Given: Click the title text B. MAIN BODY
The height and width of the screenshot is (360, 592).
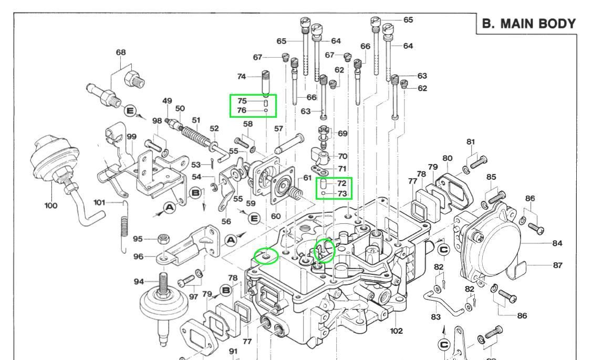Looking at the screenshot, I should coord(529,24).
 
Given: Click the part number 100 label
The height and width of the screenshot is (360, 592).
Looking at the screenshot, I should coord(50,205).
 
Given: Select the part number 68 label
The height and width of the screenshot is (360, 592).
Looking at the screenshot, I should coord(121,52).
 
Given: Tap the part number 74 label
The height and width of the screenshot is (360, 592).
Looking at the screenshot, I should coord(241,76).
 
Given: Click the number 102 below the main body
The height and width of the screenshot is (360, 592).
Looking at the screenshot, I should coord(396,331).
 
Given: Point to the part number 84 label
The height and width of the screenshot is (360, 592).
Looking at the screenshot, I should coord(557,243).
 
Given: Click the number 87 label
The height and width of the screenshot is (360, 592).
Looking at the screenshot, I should coord(557,265).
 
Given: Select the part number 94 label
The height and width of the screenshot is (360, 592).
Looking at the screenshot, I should coord(139,282).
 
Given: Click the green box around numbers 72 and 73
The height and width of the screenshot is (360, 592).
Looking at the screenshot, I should coord(334,189).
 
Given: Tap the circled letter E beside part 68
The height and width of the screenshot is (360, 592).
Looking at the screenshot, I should coord(130,110).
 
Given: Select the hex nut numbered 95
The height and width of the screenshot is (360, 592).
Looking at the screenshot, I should coord(163,239).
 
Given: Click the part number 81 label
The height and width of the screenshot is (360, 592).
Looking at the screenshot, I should coord(470,142).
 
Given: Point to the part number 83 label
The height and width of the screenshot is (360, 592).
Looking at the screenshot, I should coord(435,317).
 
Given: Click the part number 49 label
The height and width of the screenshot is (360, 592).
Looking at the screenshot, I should coord(167,101).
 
